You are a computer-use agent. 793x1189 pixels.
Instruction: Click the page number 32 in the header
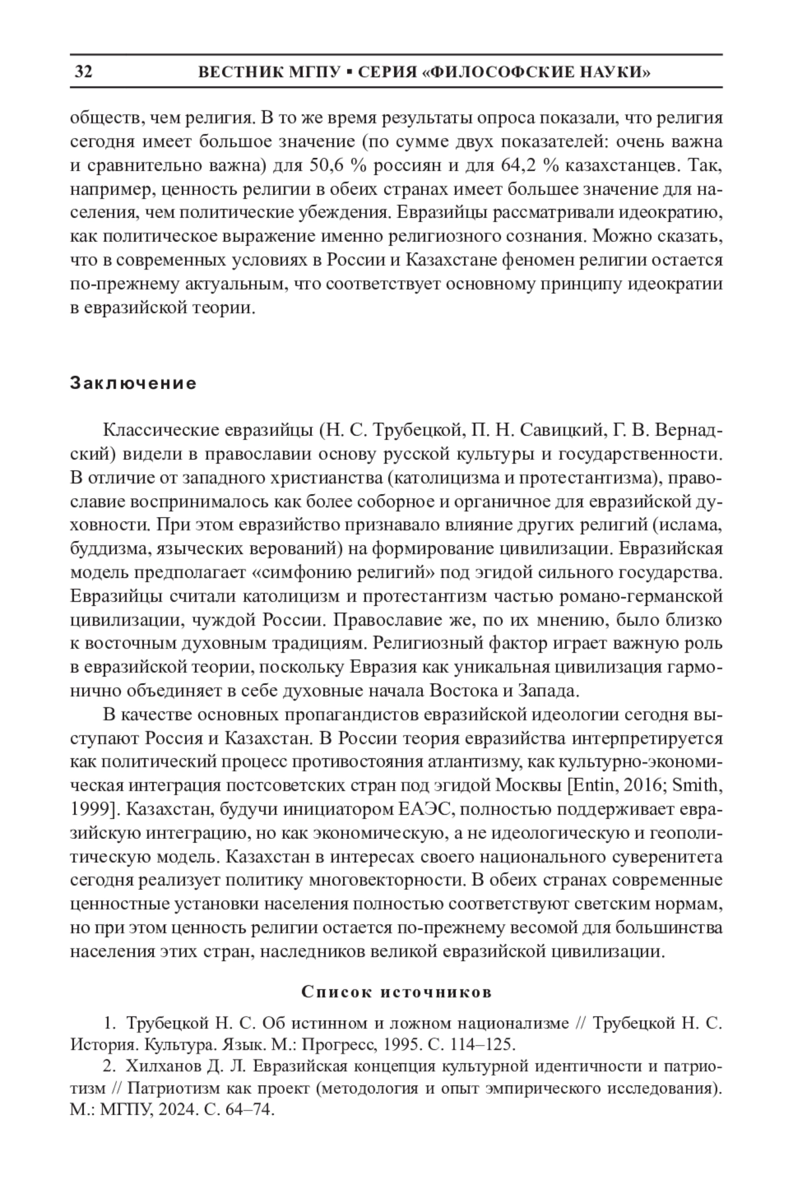[83, 72]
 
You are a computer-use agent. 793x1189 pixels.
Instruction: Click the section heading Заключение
[133, 384]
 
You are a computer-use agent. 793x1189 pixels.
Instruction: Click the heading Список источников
[397, 993]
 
